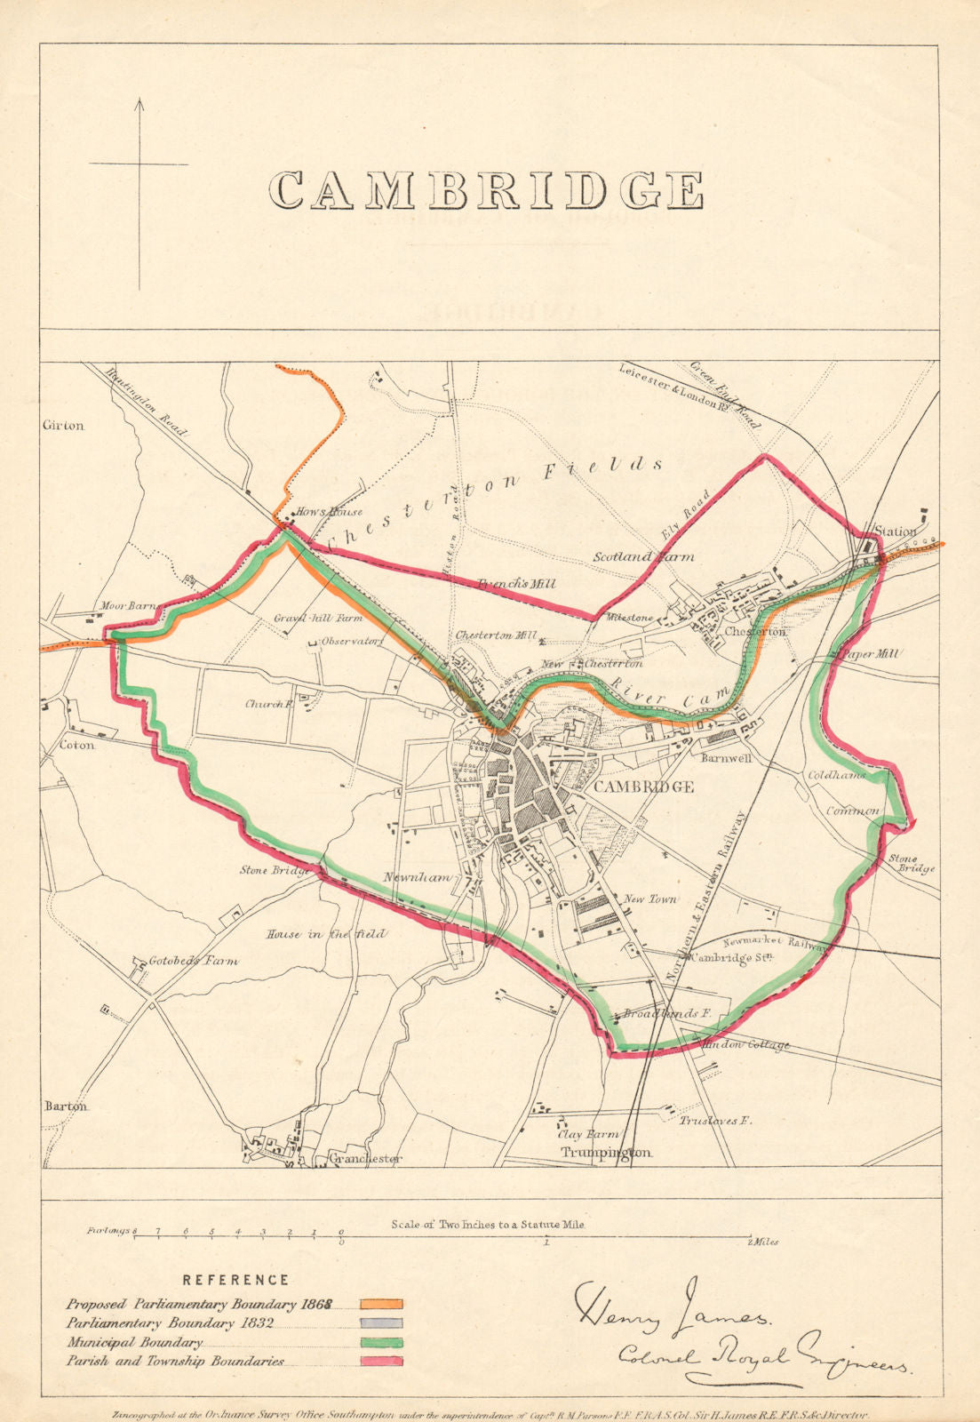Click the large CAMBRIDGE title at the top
pos(487,190)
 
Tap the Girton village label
pos(63,426)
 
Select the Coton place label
pos(76,745)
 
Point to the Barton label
pos(66,1106)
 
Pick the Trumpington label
pos(606,1152)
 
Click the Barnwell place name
pos(726,759)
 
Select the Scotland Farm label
pos(644,557)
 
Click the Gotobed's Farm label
pos(194,961)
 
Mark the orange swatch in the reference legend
pos(381,1304)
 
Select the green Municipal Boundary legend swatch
pos(381,1342)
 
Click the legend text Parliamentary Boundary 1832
pos(169,1323)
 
